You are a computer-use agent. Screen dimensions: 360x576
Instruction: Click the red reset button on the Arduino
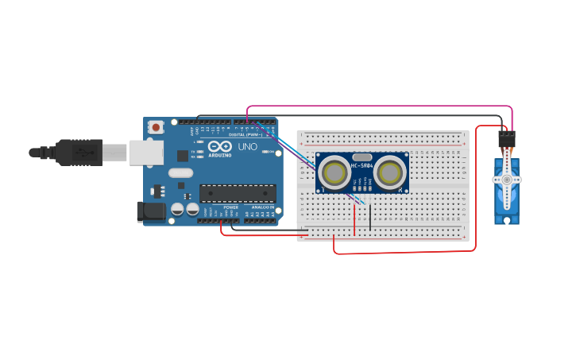[x=157, y=126]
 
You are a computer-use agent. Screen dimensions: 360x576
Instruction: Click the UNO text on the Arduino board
[x=247, y=147]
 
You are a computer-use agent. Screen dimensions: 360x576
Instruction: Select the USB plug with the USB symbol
[x=79, y=152]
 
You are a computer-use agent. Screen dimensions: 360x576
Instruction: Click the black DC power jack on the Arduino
[x=150, y=211]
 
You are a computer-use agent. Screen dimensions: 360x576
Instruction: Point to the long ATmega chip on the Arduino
[x=238, y=193]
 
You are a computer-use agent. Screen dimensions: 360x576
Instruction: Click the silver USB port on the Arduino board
[x=145, y=153]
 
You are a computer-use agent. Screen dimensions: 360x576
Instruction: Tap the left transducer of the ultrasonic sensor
[x=334, y=172]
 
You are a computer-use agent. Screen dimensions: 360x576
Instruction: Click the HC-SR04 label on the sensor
[x=362, y=165]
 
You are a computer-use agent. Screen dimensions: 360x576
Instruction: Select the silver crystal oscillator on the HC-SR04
[x=362, y=157]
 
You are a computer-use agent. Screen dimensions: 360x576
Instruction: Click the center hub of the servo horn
[x=506, y=180]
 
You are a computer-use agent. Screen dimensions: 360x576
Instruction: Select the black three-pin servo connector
[x=506, y=139]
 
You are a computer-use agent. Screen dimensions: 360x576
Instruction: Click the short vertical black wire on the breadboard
[x=369, y=216]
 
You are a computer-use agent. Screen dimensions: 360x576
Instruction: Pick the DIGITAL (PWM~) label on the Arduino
[x=245, y=134]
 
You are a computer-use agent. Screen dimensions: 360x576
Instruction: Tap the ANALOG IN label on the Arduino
[x=262, y=207]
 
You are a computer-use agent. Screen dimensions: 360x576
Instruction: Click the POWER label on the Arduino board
[x=230, y=207]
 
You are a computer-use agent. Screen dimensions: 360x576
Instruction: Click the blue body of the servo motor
[x=506, y=199]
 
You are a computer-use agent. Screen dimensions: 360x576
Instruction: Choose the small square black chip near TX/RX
[x=183, y=156]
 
